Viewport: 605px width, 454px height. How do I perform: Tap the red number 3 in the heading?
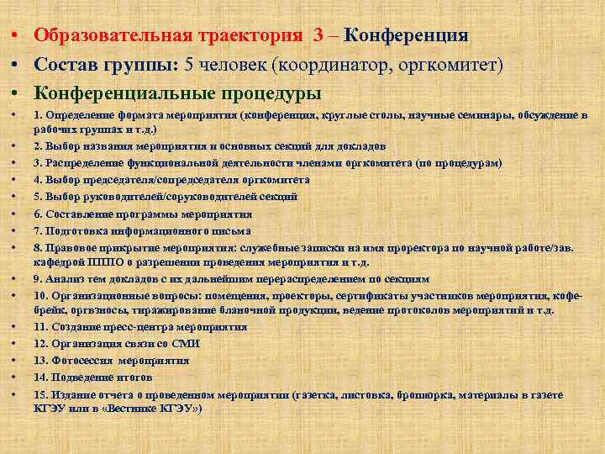click(x=318, y=37)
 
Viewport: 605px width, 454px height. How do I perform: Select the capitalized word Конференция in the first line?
click(x=406, y=37)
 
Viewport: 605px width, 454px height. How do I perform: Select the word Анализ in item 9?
click(x=64, y=279)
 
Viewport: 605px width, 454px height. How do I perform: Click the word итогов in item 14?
click(x=134, y=376)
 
